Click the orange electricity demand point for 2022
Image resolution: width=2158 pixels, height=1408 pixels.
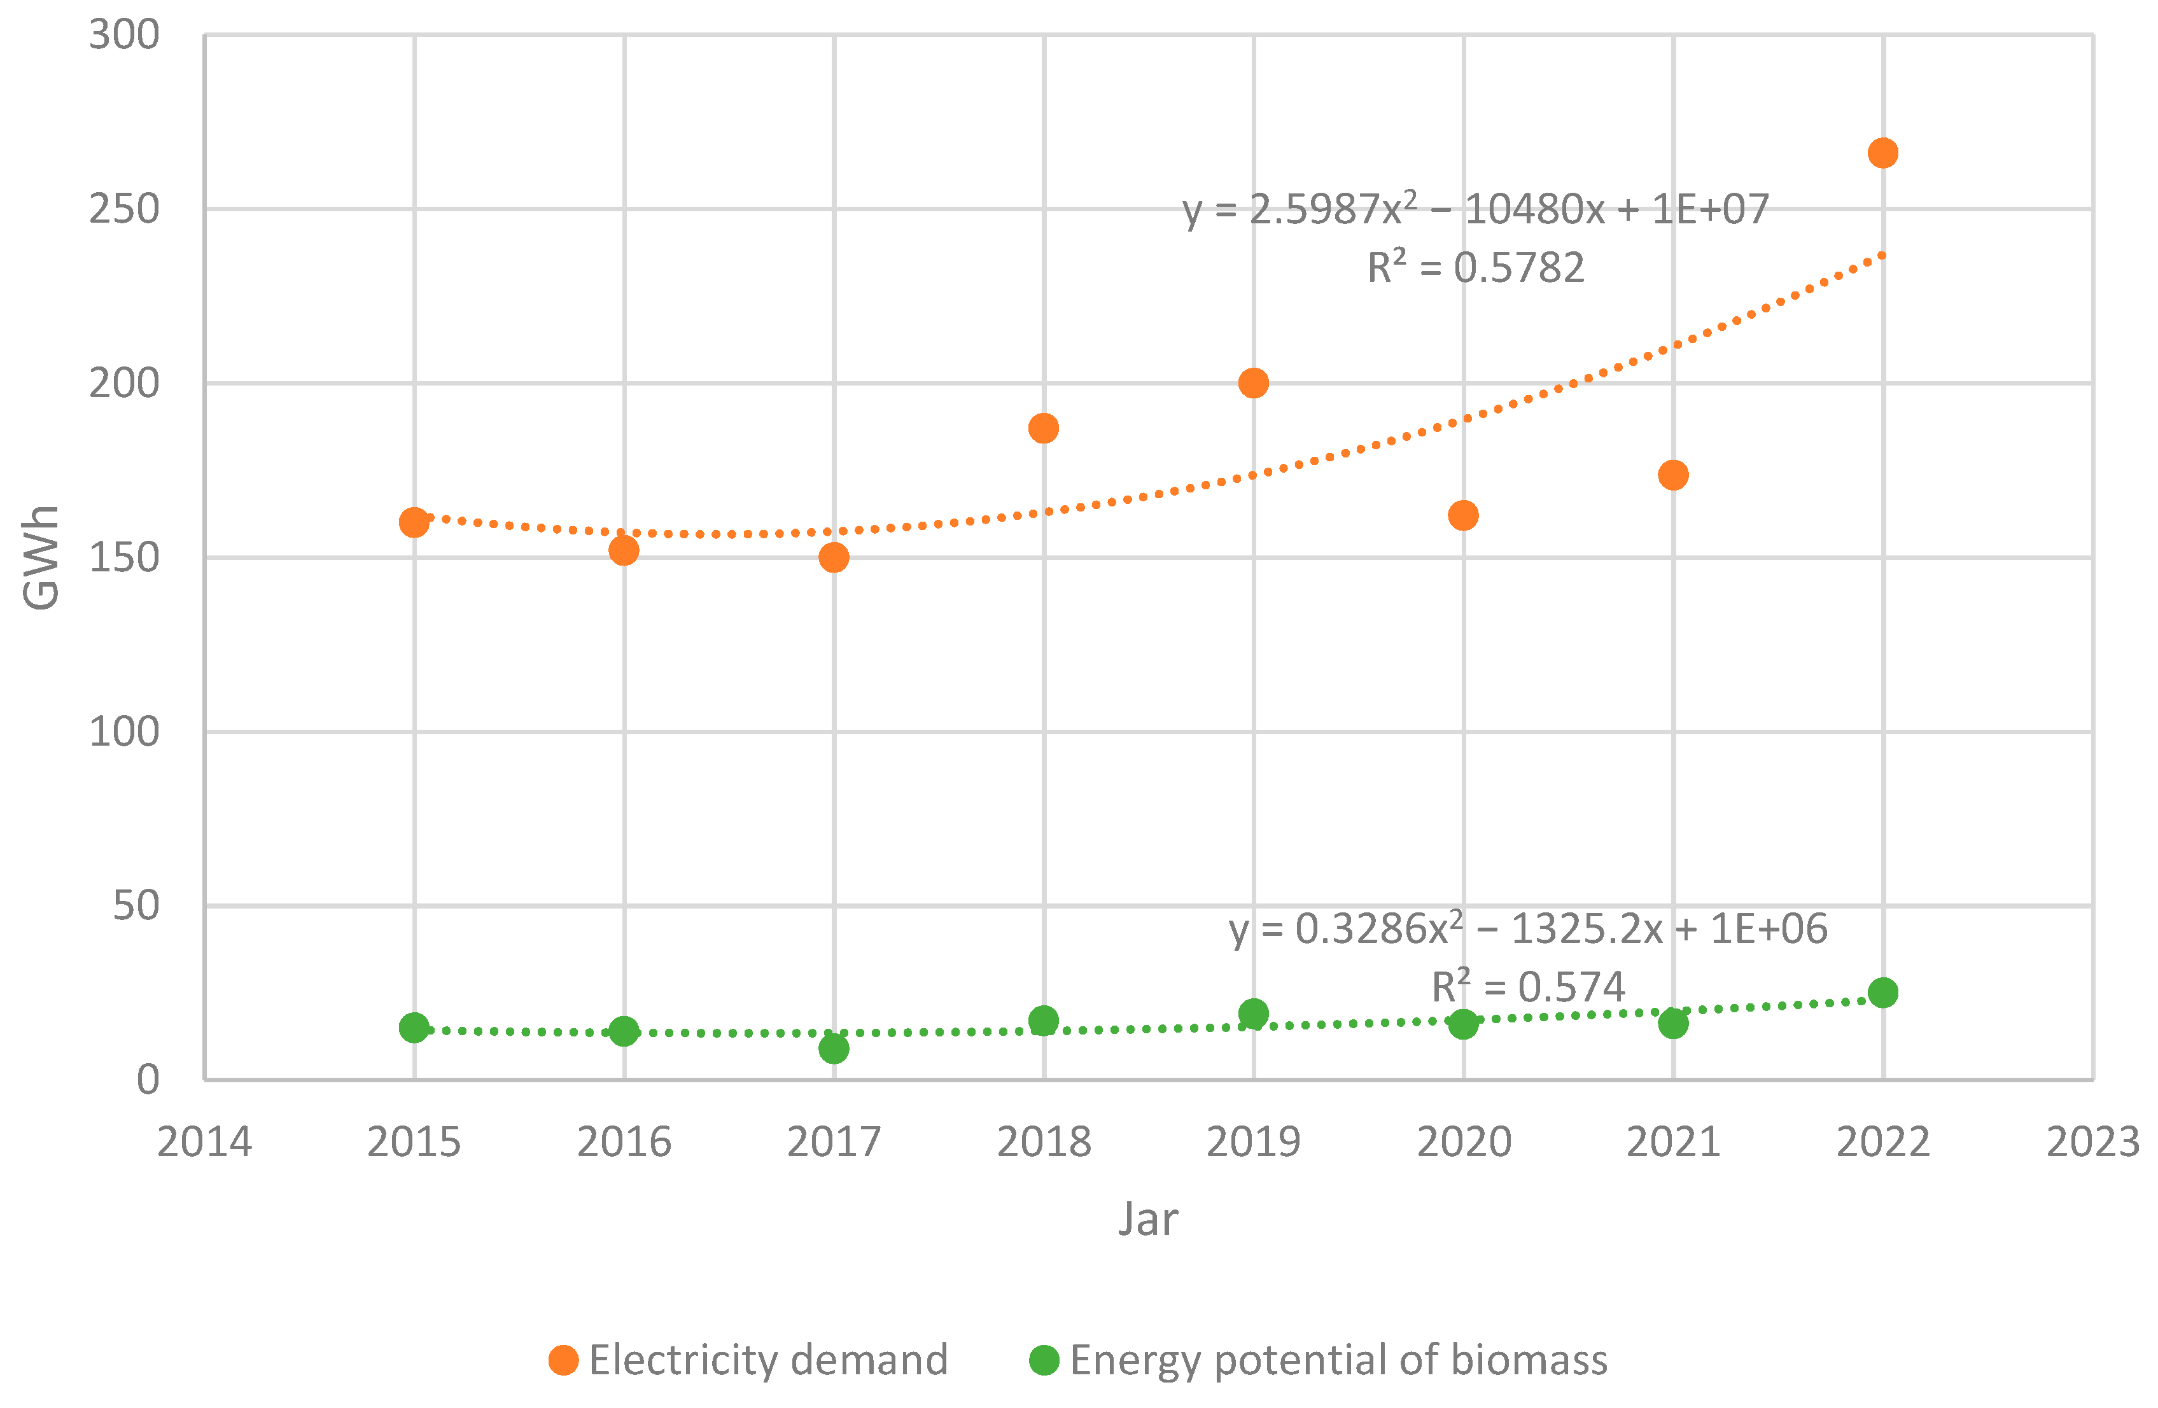pos(1882,152)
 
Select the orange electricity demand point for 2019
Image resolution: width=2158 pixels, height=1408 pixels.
pos(1253,382)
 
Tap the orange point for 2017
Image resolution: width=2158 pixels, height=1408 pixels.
pos(833,557)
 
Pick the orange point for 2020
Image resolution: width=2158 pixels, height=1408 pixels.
pos(1462,515)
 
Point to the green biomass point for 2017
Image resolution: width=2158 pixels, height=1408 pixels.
pos(833,1048)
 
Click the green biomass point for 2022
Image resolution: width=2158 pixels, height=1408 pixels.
pos(1882,992)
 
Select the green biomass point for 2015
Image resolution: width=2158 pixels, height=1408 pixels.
pos(414,1028)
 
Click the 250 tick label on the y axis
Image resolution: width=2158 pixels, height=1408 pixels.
pos(123,209)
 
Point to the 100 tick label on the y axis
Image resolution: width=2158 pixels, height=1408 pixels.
pos(123,732)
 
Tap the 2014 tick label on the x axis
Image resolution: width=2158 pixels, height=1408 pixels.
pos(204,1141)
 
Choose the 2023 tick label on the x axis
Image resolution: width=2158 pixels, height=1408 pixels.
pos(2092,1141)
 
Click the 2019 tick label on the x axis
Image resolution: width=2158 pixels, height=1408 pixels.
pos(1253,1141)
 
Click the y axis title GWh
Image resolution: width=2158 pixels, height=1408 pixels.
pos(41,557)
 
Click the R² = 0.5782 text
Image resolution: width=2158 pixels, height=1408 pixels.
pos(1475,267)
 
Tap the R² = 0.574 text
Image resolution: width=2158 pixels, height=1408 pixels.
pos(1528,986)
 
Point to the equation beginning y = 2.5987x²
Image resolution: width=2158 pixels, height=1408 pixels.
pos(1475,209)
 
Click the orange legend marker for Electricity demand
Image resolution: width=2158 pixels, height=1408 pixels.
pos(563,1360)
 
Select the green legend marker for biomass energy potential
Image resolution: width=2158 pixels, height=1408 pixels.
pos(1044,1360)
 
